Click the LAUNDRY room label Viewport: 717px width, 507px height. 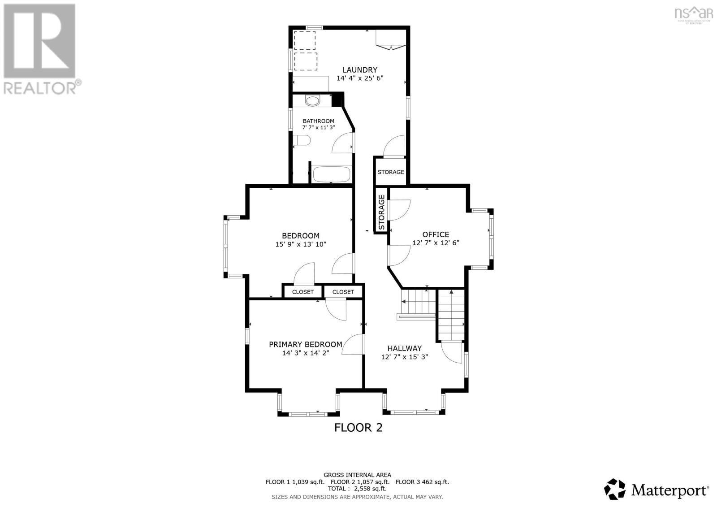pos(360,70)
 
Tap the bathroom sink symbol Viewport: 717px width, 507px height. pos(312,100)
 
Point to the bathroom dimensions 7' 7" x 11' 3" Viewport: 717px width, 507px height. pos(318,128)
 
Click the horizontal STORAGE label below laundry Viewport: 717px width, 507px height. pos(391,172)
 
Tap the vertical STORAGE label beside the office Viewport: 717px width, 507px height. pos(381,212)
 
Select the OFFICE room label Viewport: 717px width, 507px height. pos(436,234)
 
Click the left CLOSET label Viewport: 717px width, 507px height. pos(303,292)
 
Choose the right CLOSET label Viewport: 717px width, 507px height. pos(343,292)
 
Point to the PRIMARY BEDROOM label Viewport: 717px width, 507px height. pos(305,344)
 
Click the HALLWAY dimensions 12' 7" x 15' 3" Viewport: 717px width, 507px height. pos(405,357)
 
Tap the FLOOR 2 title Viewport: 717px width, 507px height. pos(358,428)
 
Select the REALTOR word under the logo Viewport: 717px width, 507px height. pos(40,88)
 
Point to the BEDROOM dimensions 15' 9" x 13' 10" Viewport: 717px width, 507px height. pos(301,244)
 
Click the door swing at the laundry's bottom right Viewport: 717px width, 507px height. pos(395,146)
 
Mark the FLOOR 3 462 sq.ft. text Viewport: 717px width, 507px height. pos(422,482)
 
